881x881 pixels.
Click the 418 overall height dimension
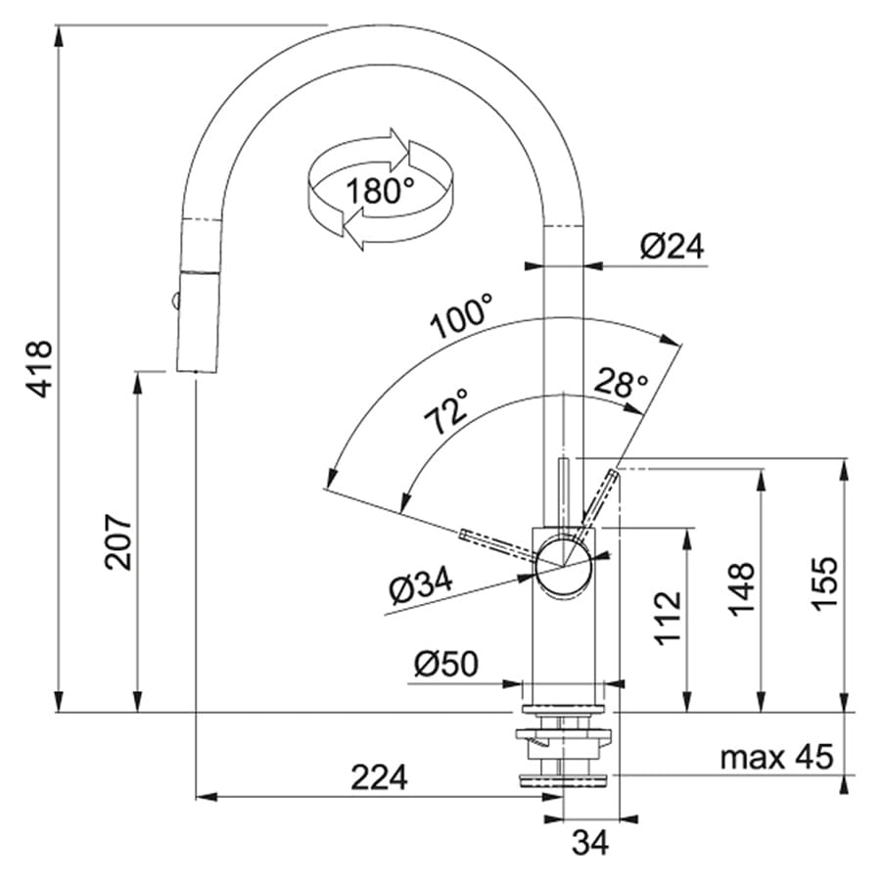(x=40, y=369)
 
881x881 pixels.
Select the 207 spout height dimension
(x=118, y=541)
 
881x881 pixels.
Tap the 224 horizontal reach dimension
(x=379, y=777)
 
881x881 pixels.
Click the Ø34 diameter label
(x=421, y=585)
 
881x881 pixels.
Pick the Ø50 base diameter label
(x=446, y=664)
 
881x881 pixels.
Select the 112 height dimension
(x=668, y=618)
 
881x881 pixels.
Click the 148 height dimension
(x=742, y=588)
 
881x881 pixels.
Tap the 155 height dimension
(x=824, y=582)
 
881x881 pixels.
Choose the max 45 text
(x=776, y=757)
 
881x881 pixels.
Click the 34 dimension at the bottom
(x=590, y=842)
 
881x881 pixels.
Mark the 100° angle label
(x=462, y=316)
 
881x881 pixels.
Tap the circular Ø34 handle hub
(x=563, y=565)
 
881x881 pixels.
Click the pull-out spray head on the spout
(x=198, y=321)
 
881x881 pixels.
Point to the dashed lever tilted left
(x=497, y=544)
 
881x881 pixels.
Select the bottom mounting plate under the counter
(x=563, y=780)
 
